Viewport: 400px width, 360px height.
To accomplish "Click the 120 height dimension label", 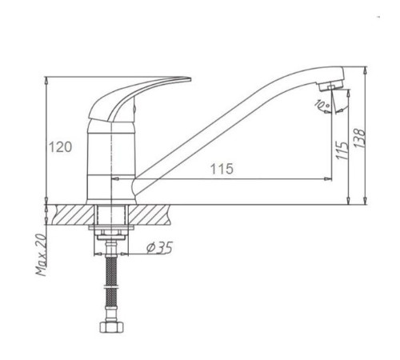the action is (60, 147).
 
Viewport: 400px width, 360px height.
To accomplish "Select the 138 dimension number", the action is (360, 138).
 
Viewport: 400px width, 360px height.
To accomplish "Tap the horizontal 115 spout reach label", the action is (222, 169).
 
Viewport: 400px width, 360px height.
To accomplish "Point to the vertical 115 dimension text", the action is (342, 150).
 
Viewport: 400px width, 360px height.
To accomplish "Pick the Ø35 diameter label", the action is (159, 248).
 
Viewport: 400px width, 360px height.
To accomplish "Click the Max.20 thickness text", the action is (41, 254).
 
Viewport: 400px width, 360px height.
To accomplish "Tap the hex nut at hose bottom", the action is (112, 327).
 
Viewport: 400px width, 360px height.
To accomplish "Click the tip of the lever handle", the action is (190, 79).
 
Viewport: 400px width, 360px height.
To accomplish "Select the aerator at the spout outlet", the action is (330, 85).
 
